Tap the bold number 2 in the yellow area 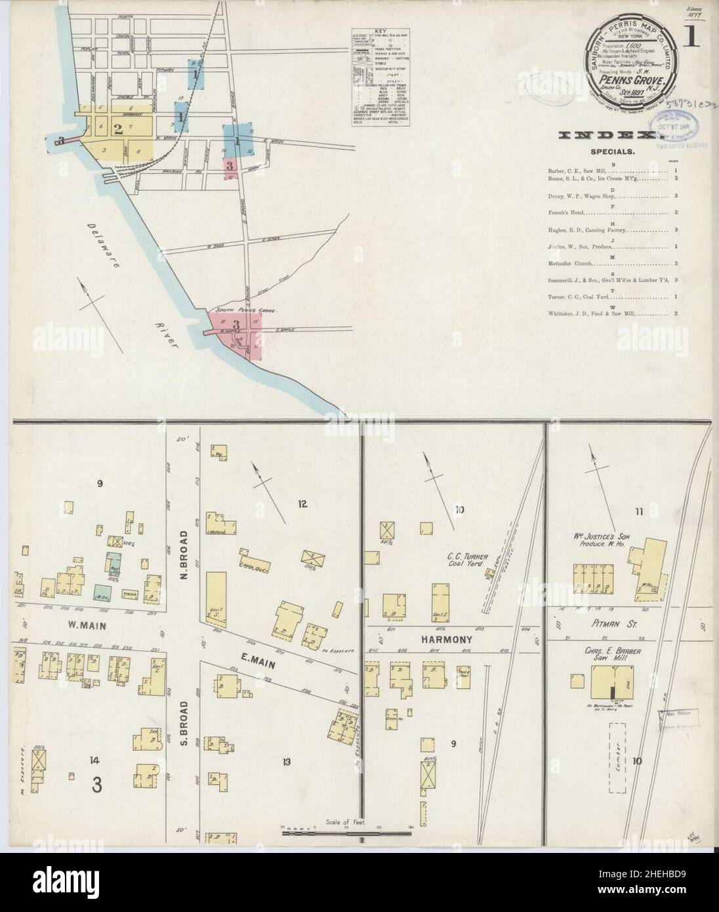(118, 128)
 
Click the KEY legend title (384, 30)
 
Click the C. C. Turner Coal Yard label (464, 558)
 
